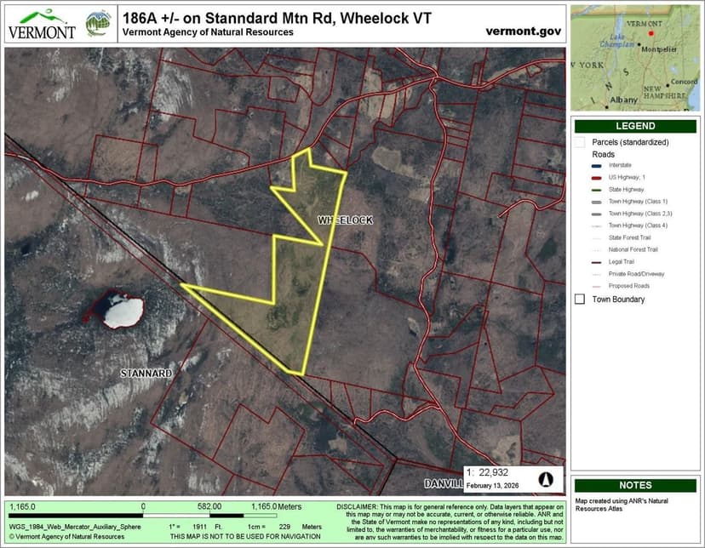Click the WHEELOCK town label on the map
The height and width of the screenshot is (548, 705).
pyautogui.click(x=346, y=220)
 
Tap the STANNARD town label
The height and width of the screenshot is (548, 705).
pyautogui.click(x=146, y=374)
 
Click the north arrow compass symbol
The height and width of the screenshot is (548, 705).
pyautogui.click(x=543, y=479)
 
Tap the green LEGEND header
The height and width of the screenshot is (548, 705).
pyautogui.click(x=635, y=126)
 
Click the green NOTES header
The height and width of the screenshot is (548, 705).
pyautogui.click(x=635, y=485)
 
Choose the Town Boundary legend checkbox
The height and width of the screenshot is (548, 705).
pyautogui.click(x=580, y=300)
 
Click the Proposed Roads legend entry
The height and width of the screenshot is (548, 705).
pyautogui.click(x=628, y=286)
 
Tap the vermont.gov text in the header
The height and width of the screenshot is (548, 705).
pyautogui.click(x=523, y=31)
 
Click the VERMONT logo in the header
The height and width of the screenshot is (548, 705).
pyautogui.click(x=41, y=25)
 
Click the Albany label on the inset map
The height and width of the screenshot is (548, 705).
pyautogui.click(x=623, y=100)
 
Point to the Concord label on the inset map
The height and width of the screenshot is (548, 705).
pyautogui.click(x=684, y=82)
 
